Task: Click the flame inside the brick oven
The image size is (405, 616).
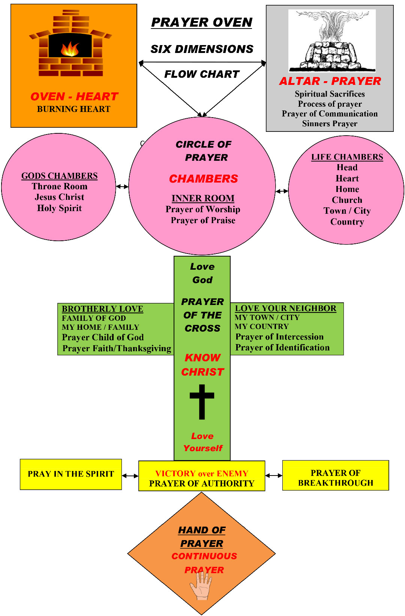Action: (70, 49)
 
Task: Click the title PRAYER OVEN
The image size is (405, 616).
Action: (202, 23)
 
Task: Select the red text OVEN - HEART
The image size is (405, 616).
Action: (74, 97)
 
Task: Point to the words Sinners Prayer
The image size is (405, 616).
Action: (330, 124)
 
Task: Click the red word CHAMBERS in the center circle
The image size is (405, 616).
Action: (203, 179)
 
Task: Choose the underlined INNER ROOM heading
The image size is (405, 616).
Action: (203, 198)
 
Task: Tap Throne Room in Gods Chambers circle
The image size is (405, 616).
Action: (60, 186)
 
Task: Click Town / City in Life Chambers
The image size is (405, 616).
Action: (347, 211)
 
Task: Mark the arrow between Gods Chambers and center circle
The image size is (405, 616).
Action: (122, 186)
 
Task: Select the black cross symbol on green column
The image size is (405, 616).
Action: (202, 402)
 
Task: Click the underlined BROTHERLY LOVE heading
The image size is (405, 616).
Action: (102, 309)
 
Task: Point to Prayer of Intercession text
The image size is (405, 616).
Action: (279, 337)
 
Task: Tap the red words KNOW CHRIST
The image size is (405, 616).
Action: (202, 365)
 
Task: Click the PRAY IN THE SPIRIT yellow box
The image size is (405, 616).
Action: (71, 474)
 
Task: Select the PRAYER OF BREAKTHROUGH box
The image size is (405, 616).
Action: (335, 478)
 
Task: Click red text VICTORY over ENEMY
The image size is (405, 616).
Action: (202, 473)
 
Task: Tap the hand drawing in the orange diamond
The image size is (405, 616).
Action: (201, 586)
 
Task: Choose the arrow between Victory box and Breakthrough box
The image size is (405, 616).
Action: (274, 476)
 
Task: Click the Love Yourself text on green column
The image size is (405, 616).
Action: (202, 442)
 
